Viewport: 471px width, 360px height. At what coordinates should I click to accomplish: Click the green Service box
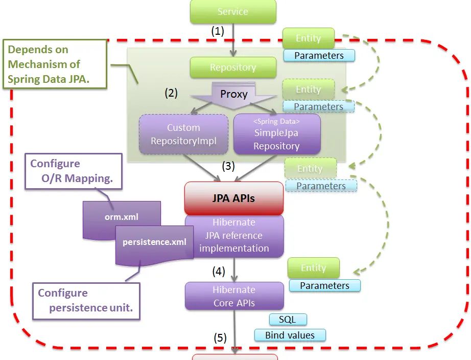(233, 12)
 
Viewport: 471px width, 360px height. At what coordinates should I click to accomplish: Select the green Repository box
(233, 67)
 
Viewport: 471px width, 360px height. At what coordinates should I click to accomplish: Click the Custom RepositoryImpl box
(183, 134)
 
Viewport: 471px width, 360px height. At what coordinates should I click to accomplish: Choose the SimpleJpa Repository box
(277, 134)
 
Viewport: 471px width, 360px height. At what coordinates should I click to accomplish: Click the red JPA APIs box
(233, 198)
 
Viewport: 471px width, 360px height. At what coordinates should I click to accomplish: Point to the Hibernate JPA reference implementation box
(234, 236)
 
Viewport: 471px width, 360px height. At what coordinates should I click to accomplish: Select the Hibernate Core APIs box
(234, 296)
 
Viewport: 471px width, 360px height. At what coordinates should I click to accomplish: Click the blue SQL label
(288, 320)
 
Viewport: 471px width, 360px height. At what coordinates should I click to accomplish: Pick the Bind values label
(290, 335)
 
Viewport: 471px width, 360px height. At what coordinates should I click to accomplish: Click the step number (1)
(218, 31)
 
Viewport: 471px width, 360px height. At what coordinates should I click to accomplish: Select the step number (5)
(220, 338)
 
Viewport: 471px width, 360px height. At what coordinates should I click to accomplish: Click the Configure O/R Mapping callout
(73, 171)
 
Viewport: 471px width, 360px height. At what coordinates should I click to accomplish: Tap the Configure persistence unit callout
(86, 301)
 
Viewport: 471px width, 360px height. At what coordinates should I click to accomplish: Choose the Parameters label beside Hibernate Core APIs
(324, 285)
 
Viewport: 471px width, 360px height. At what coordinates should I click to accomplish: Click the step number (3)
(228, 166)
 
